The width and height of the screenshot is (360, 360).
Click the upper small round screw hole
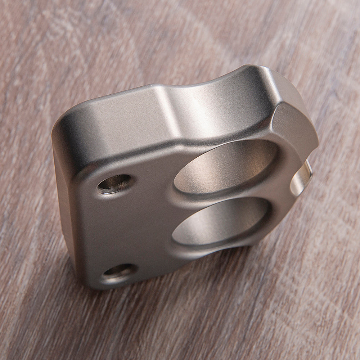pos(114,183)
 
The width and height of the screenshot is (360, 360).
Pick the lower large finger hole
pos(220,221)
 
